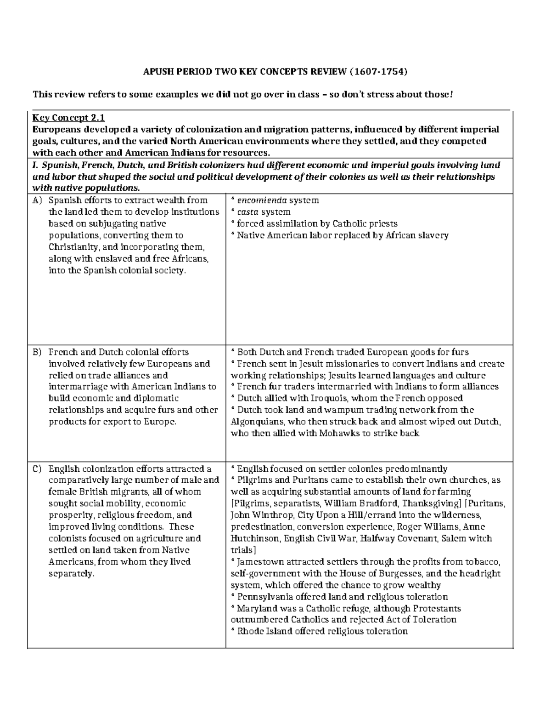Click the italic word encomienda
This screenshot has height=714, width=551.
[262, 200]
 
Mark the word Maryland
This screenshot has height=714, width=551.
[257, 609]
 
